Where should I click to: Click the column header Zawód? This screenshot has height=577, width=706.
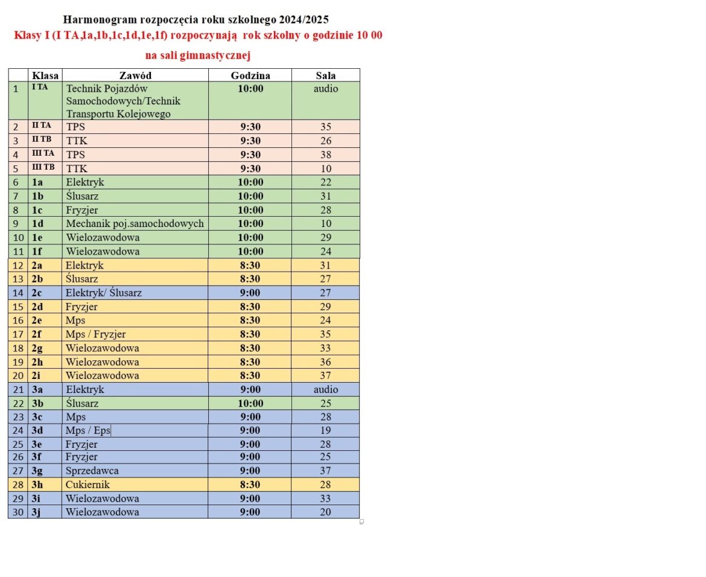tap(135, 75)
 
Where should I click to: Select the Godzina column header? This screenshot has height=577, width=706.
tap(250, 75)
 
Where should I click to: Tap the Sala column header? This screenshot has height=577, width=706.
tap(326, 75)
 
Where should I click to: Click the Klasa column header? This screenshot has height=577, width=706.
tap(45, 75)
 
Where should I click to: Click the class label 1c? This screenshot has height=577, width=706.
tap(37, 210)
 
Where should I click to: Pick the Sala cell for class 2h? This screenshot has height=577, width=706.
tap(326, 362)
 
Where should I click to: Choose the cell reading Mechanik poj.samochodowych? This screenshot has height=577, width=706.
tap(135, 224)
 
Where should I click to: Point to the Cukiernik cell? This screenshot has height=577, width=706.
tap(87, 485)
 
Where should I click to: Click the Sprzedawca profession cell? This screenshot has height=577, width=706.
tap(92, 471)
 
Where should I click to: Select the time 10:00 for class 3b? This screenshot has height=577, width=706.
tap(250, 404)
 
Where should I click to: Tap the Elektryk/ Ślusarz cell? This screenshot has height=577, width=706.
tap(104, 293)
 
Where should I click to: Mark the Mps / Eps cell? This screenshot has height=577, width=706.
tap(87, 431)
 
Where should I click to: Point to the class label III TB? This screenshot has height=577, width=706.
tap(43, 167)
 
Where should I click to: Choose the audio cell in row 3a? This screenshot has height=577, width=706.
tap(326, 390)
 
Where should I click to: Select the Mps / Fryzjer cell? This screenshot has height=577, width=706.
tap(95, 334)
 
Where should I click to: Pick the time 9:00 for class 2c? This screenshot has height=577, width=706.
tap(250, 293)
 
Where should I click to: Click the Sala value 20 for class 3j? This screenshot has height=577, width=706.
tap(326, 512)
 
